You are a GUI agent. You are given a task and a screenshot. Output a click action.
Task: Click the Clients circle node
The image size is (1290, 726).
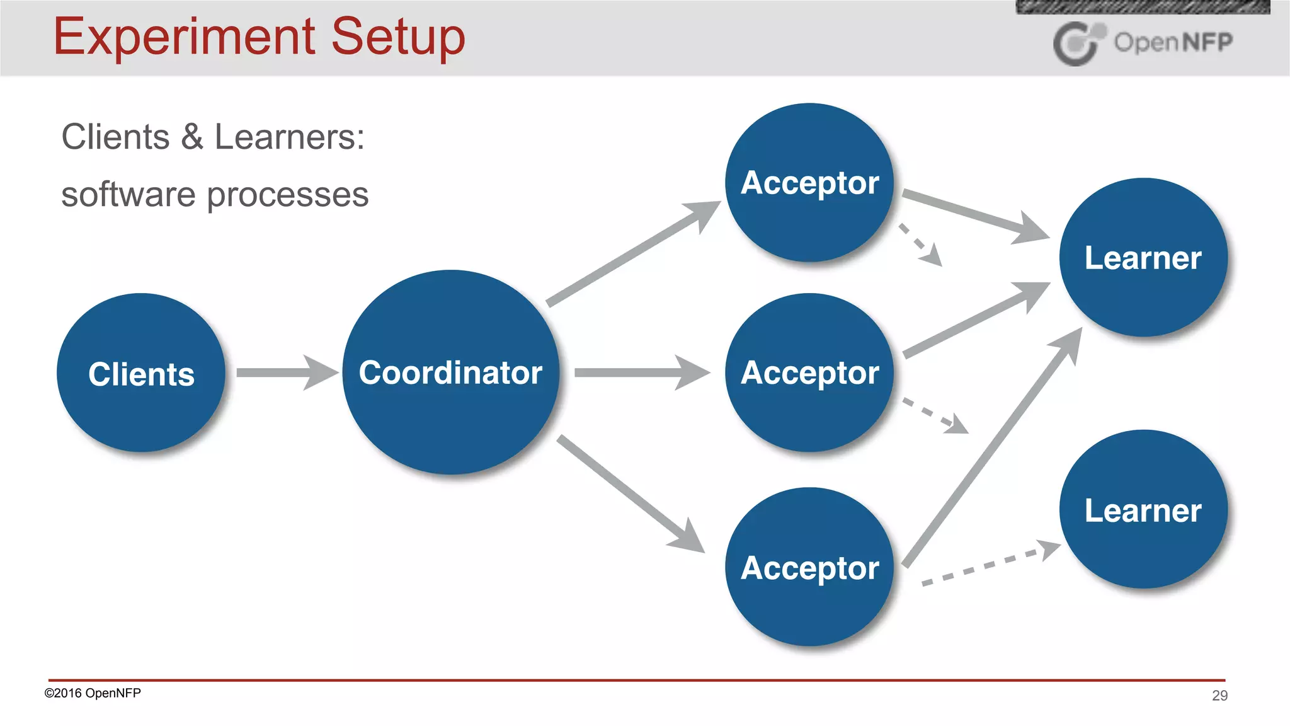(x=141, y=372)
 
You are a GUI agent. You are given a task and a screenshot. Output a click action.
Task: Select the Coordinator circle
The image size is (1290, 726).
(x=450, y=372)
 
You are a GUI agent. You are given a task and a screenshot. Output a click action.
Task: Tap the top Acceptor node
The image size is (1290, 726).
(x=809, y=183)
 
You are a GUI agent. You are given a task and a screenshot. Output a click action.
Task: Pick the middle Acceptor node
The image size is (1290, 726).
(x=809, y=372)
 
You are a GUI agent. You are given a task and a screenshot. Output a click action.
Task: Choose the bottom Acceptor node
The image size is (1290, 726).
(x=809, y=567)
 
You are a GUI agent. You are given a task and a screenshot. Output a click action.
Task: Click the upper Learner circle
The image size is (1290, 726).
(x=1143, y=257)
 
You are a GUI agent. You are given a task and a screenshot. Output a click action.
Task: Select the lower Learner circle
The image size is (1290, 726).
(x=1143, y=509)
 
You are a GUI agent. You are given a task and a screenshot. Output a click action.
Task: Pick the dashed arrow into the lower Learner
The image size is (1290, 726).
(x=989, y=564)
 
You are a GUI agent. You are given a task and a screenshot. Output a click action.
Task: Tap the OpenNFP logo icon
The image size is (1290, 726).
(x=1078, y=43)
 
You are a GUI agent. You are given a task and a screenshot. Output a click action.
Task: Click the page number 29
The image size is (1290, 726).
(x=1219, y=695)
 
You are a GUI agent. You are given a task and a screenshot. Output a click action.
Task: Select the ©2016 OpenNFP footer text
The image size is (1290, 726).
(x=93, y=693)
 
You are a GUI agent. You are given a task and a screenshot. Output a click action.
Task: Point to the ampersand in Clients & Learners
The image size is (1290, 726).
(x=192, y=137)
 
